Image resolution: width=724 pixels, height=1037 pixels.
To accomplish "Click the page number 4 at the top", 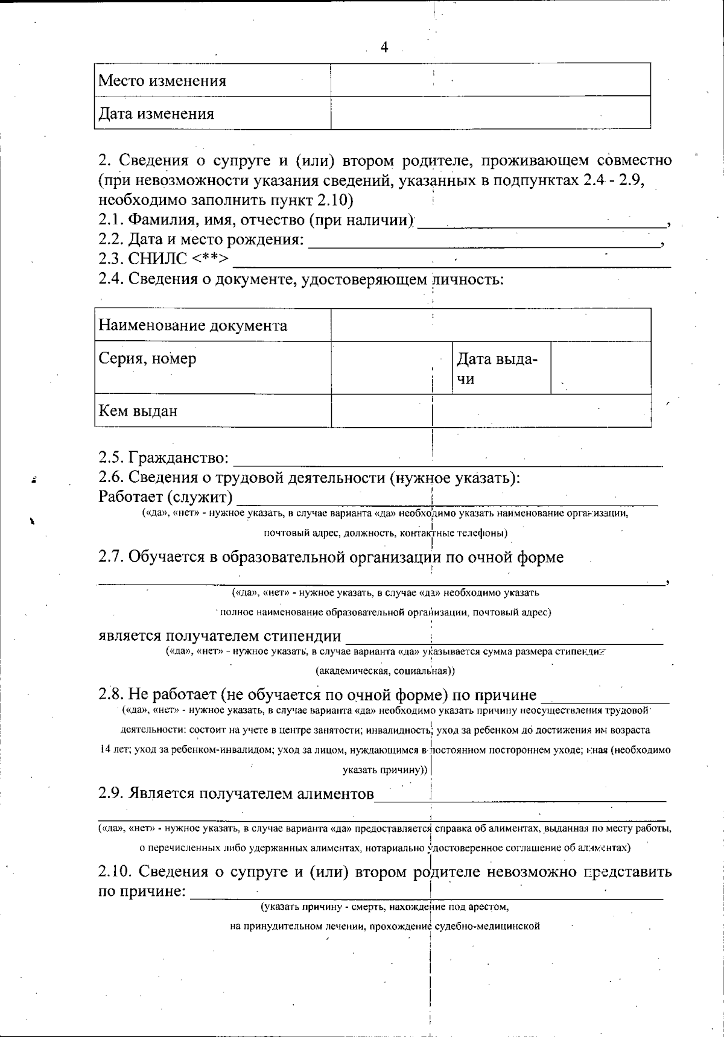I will tap(384, 48).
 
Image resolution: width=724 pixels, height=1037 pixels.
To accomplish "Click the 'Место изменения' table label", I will tap(162, 80).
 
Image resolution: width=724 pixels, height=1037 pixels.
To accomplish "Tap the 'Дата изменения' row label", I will tap(156, 113).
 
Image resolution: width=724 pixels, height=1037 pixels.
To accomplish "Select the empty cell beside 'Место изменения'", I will tap(490, 80).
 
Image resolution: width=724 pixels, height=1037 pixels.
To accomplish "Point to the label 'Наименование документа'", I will tap(193, 326).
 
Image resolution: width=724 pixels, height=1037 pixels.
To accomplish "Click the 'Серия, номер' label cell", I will tap(148, 358).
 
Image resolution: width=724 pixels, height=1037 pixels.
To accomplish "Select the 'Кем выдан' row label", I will tap(138, 411).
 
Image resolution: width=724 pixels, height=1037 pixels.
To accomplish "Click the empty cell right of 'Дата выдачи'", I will tap(601, 368).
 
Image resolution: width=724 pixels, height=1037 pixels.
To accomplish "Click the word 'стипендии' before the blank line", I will tap(303, 636).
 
